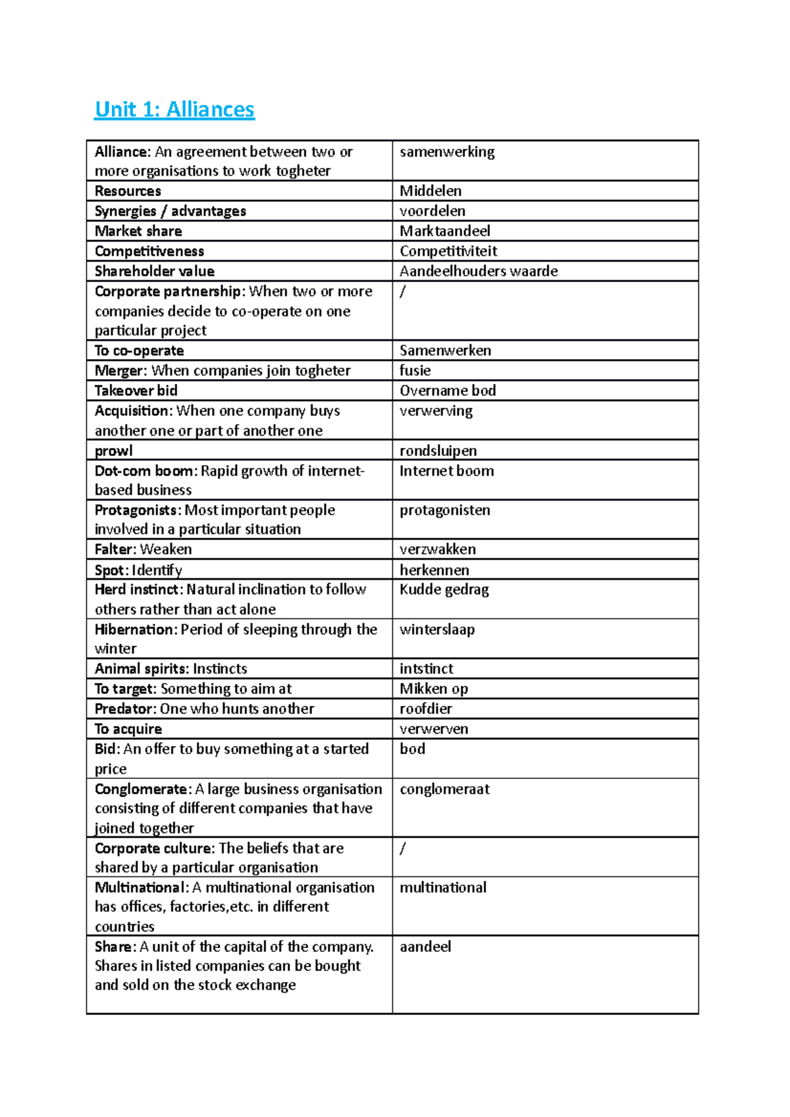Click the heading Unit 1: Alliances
click(174, 109)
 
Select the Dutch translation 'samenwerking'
click(447, 152)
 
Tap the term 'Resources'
click(128, 191)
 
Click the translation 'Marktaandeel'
click(445, 231)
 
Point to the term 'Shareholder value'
click(155, 271)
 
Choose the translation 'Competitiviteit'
click(448, 251)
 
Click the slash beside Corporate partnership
click(403, 291)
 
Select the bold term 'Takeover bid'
click(136, 391)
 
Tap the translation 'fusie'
click(415, 370)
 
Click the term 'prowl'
click(114, 451)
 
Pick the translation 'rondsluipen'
click(438, 451)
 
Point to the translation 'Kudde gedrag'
click(444, 589)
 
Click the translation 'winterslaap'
click(437, 630)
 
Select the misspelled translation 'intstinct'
click(427, 669)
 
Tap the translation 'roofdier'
click(426, 708)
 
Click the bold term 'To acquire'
click(128, 729)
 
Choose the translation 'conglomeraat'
click(445, 789)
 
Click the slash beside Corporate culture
click(403, 849)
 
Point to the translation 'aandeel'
click(426, 947)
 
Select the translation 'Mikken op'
click(434, 689)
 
